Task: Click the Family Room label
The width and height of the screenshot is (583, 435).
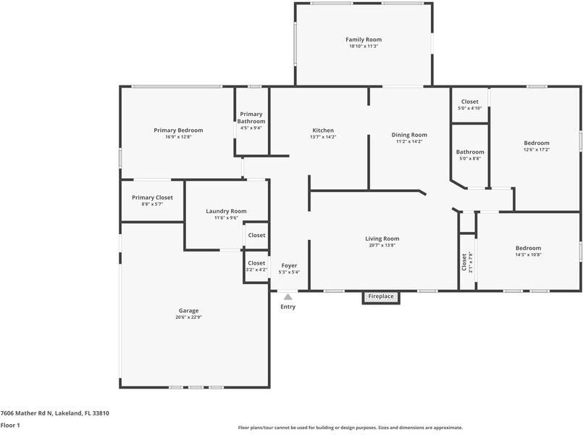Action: coord(364,39)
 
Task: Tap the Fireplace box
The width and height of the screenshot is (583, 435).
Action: coord(381,297)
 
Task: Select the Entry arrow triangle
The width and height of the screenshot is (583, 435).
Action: coord(288,297)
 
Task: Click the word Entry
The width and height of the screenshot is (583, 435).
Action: coord(288,307)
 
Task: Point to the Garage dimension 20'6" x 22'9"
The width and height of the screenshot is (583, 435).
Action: coord(188,318)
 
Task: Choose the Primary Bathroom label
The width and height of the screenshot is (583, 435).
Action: coord(251,117)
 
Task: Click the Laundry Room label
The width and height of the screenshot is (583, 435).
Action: coord(226,211)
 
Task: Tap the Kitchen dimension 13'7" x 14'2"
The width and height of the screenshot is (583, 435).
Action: coord(323,137)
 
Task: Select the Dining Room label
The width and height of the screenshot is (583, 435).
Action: coord(409,135)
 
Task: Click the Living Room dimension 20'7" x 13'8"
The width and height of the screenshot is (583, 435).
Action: coord(382,245)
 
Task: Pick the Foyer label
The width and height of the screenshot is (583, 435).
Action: coord(289,265)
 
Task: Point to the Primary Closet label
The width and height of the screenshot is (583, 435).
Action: coord(152,198)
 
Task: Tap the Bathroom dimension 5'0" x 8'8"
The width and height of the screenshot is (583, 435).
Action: coord(470,159)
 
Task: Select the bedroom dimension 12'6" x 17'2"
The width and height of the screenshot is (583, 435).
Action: coord(537,149)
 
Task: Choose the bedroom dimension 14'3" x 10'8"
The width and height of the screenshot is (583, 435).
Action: coord(529,255)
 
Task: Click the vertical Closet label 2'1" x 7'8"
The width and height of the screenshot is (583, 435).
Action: coord(467,262)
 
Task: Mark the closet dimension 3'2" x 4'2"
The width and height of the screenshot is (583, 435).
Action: coord(256,270)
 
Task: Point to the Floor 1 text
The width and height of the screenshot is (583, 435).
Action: coord(10,426)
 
